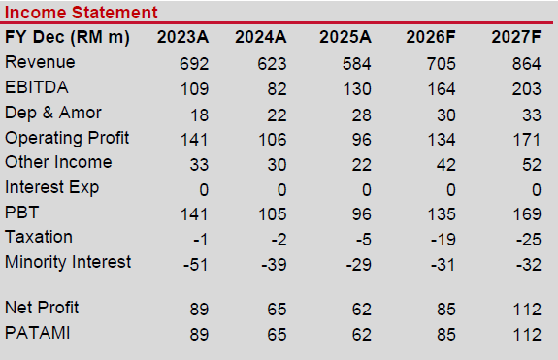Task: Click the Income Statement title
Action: tap(82, 13)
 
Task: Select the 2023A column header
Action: tap(182, 37)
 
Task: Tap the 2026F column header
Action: tap(431, 37)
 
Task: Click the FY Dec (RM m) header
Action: tap(67, 38)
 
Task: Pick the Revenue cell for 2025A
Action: tap(356, 64)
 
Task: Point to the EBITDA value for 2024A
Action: tap(277, 89)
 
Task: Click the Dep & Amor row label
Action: tap(53, 113)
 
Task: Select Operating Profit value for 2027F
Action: tap(527, 140)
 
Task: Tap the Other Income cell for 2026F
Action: tap(445, 165)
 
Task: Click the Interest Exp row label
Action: tap(52, 187)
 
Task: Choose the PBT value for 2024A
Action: tap(273, 214)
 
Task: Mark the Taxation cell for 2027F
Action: tap(529, 240)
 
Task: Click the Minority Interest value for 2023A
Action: tap(195, 265)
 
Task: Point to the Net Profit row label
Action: tap(42, 308)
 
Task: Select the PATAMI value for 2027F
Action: tap(527, 335)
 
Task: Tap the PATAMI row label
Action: tap(38, 333)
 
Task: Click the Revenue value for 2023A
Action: tap(194, 64)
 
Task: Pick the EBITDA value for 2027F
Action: tap(527, 89)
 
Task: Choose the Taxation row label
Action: tap(39, 237)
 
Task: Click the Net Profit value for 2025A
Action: tap(362, 310)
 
